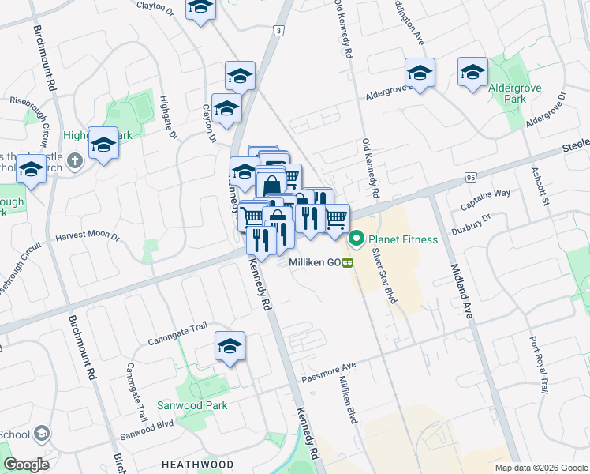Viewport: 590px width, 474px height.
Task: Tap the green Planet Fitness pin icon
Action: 356,238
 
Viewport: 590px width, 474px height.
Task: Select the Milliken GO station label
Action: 313,262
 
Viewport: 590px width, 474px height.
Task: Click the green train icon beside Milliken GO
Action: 347,263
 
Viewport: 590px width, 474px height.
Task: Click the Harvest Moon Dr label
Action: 87,236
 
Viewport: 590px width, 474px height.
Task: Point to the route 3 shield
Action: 278,30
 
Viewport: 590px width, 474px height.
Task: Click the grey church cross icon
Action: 75,161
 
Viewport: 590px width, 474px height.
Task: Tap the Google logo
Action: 26,465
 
